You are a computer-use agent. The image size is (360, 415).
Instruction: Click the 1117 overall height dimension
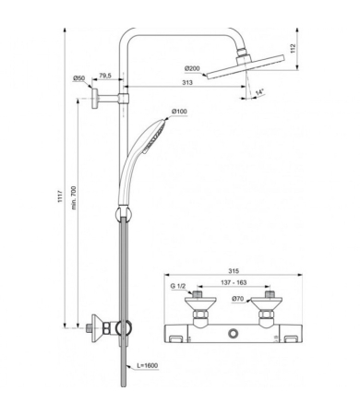[x=60, y=196]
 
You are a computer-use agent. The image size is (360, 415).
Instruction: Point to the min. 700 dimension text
[x=74, y=197]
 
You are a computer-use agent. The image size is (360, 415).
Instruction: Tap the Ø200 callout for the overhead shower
[x=192, y=68]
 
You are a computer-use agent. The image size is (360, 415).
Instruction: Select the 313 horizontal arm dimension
[x=187, y=82]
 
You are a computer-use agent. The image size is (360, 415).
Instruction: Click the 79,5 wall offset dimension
[x=105, y=76]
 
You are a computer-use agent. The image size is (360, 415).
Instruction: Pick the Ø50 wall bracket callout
[x=78, y=78]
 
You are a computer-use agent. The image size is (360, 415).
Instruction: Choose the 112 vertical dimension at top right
[x=293, y=48]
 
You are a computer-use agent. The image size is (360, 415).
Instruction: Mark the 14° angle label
[x=260, y=92]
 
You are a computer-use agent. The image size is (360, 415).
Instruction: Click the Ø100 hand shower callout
[x=179, y=112]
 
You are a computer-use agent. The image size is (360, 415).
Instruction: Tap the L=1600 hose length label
[x=148, y=365]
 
